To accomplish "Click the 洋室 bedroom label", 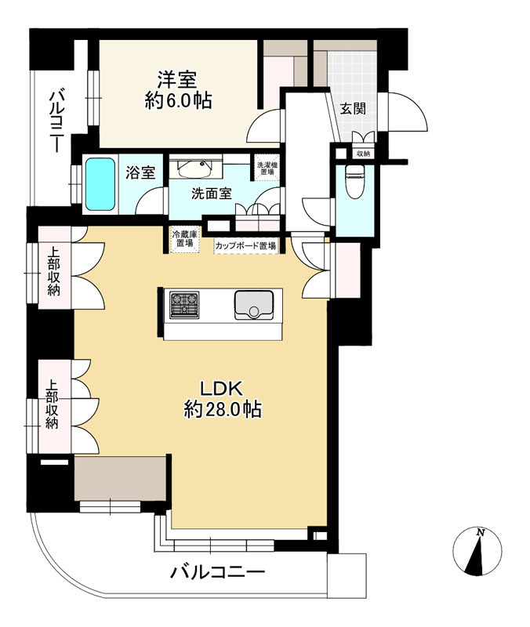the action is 177,79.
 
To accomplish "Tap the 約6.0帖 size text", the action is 178,102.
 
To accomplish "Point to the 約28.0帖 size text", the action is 223,409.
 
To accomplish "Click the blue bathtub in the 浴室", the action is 100,184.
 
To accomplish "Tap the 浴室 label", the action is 140,172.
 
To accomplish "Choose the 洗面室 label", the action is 212,194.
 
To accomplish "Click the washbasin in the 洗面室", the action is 194,169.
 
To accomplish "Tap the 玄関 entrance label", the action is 353,108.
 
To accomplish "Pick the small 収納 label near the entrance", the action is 363,154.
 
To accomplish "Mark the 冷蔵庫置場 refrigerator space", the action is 184,239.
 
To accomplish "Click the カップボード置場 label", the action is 245,246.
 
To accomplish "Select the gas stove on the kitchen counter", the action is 184,305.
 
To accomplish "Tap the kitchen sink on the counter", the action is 254,305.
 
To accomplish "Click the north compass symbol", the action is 477,551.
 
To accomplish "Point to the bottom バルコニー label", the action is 218,573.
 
